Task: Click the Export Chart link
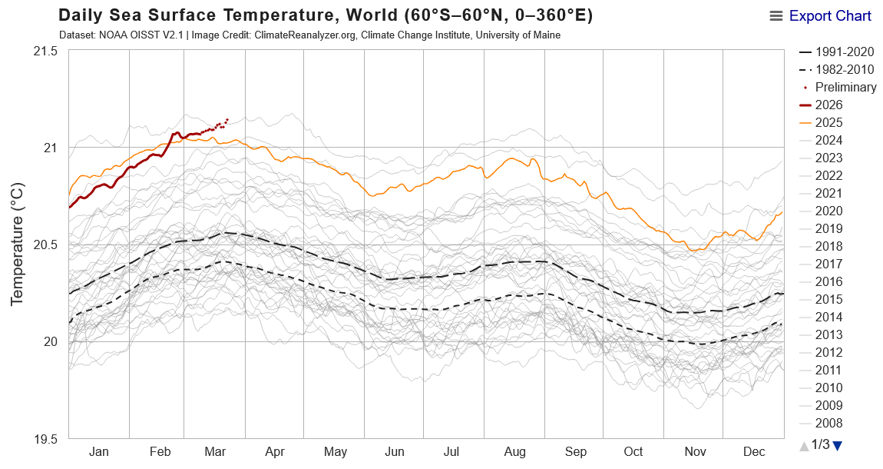point(830,16)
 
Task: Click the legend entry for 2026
point(829,105)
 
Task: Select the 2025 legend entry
point(829,122)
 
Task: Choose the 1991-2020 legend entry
point(844,52)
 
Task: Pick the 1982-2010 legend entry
point(844,69)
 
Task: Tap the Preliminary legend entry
point(845,87)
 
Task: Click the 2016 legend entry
point(829,281)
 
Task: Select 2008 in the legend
point(829,423)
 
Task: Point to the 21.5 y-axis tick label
point(45,51)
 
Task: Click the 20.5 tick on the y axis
point(45,244)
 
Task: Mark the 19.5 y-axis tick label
point(45,439)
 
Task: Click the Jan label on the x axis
point(99,452)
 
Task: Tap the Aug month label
point(514,452)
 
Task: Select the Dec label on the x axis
point(753,452)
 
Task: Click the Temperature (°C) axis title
point(18,244)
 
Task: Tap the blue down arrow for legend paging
point(837,445)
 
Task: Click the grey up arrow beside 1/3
point(804,445)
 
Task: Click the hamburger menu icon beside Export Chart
point(776,16)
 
